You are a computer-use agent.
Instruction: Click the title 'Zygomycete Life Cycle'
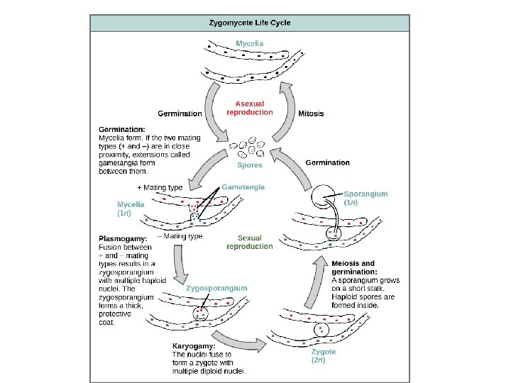tap(249, 22)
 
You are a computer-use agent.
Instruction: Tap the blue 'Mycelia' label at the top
tap(249, 43)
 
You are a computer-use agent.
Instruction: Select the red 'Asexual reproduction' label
tap(249, 108)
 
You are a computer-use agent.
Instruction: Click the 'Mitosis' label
tap(311, 113)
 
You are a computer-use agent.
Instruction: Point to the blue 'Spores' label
tap(249, 165)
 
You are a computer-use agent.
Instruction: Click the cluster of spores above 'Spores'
tap(249, 148)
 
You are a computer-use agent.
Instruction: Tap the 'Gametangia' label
tap(243, 187)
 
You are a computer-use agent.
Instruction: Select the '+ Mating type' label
tap(159, 187)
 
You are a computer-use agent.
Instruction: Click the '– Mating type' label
tap(179, 236)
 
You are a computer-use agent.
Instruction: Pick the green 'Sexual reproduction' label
tap(249, 243)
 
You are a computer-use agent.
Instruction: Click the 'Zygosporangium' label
tap(216, 288)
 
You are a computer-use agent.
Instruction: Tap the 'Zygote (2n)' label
tap(324, 355)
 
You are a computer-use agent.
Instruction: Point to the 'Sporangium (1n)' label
tap(366, 197)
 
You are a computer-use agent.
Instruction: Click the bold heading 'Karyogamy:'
tap(194, 346)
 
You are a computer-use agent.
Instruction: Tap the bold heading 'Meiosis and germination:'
tap(353, 267)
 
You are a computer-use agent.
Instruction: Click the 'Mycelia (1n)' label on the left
tap(131, 208)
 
